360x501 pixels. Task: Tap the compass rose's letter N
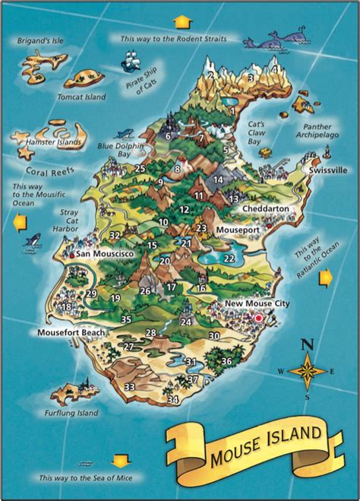click(x=308, y=344)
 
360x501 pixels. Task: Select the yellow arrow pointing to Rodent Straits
click(x=181, y=21)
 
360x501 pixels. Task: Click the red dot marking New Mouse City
click(x=260, y=317)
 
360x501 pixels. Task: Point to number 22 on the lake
click(x=229, y=258)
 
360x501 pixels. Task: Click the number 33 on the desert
click(x=130, y=387)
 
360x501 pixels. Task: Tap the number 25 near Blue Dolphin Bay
click(x=140, y=168)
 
